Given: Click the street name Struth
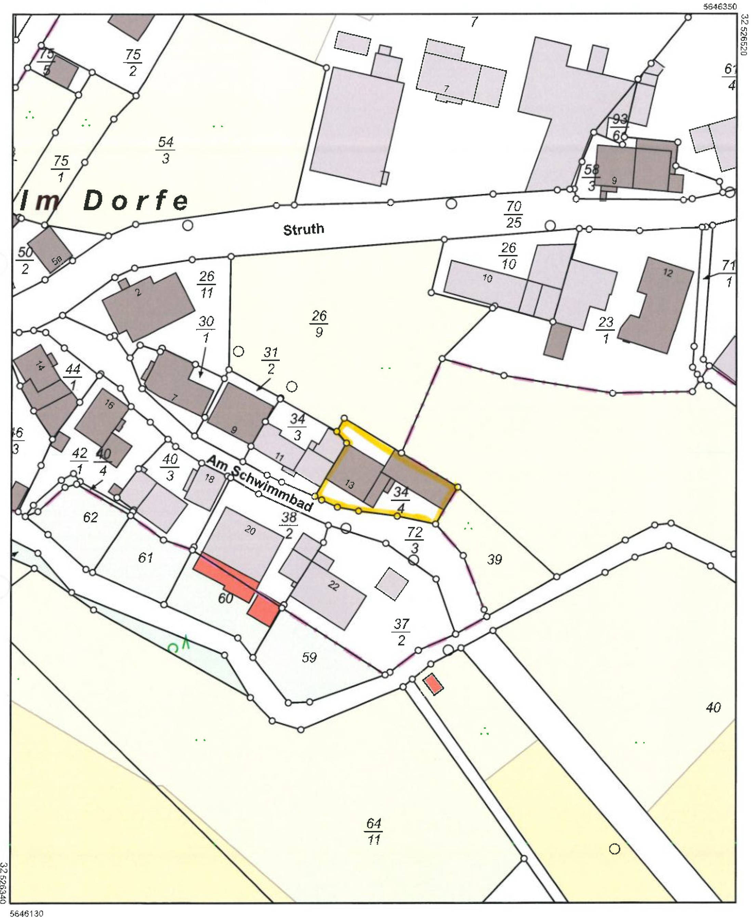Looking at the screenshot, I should pyautogui.click(x=303, y=229).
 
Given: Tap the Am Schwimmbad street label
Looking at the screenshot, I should pyautogui.click(x=260, y=483).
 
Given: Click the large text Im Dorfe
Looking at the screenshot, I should pyautogui.click(x=104, y=201).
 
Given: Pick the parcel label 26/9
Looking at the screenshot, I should pyautogui.click(x=319, y=323).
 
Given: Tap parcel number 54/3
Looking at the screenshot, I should pyautogui.click(x=166, y=150).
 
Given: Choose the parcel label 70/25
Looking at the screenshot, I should pyautogui.click(x=514, y=214).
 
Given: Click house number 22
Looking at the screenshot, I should pyautogui.click(x=333, y=586).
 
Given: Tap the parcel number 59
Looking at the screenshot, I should pyautogui.click(x=309, y=657).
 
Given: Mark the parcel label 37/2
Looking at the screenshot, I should pyautogui.click(x=401, y=632).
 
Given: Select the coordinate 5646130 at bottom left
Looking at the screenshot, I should pyautogui.click(x=26, y=914).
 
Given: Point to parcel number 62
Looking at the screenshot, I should pyautogui.click(x=90, y=517).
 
